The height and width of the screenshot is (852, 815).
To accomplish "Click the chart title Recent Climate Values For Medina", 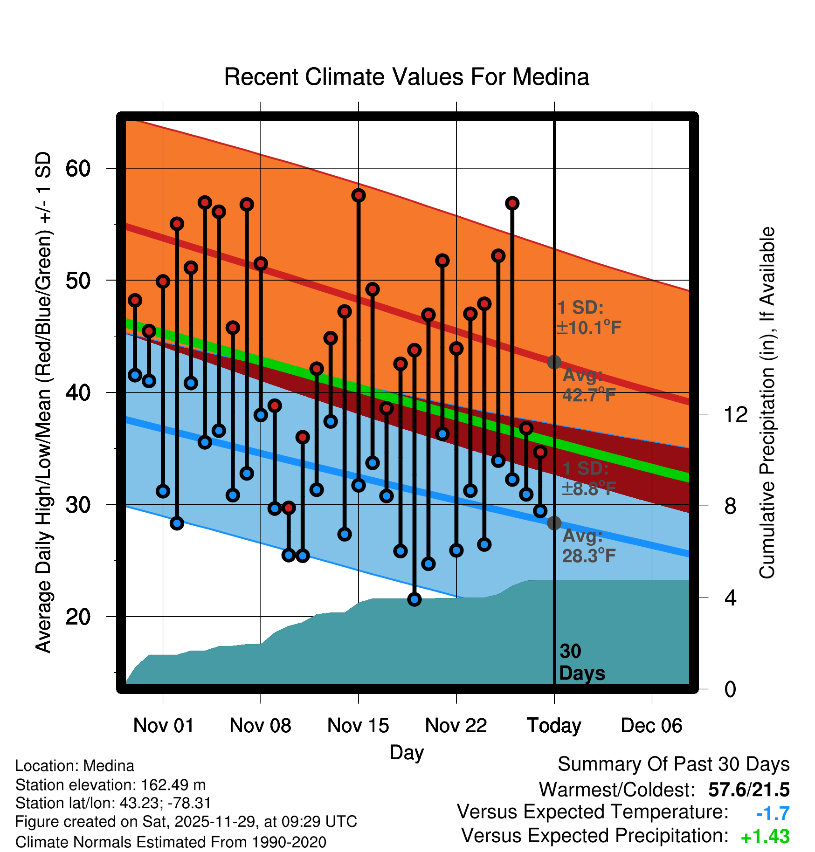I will (x=407, y=77).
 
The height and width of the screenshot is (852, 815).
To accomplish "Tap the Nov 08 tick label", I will (x=260, y=726).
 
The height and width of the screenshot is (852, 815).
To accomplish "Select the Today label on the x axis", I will (x=554, y=726).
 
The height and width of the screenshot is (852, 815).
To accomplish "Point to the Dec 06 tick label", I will (x=651, y=726).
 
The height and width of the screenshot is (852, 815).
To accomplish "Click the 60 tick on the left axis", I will (x=78, y=168).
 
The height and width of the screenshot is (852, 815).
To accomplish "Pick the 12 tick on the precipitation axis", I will (x=735, y=414).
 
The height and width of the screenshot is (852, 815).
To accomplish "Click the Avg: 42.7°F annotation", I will (x=588, y=385).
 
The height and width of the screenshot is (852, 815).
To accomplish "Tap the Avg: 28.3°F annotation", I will (x=588, y=546).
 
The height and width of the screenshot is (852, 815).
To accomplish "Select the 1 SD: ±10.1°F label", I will (x=588, y=318).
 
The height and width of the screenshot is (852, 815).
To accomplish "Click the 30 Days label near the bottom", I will (x=581, y=662).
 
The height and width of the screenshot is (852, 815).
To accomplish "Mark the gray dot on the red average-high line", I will (x=554, y=362).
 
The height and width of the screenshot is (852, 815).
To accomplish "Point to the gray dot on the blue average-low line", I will (x=554, y=523).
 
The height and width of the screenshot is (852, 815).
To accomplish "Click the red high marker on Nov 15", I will (x=359, y=195).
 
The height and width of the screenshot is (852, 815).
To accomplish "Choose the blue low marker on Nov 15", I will (x=359, y=485).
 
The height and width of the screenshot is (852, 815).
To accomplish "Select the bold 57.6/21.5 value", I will (x=749, y=790).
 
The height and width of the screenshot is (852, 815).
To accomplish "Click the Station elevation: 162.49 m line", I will (x=111, y=785).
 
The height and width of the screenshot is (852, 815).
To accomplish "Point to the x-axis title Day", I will (x=407, y=752).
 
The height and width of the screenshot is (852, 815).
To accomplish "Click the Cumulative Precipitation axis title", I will (x=767, y=403).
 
